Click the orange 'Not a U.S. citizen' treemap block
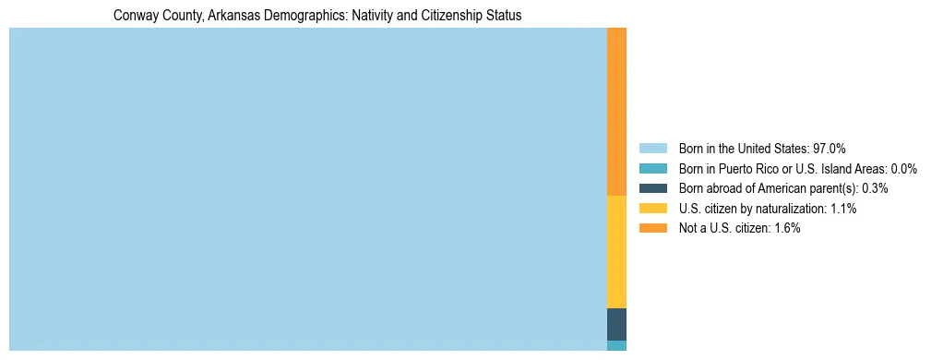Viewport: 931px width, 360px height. click(616, 112)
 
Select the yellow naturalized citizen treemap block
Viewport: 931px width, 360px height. click(616, 252)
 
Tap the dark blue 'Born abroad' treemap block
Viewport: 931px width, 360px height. click(616, 324)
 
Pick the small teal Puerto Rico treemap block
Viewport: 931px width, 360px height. click(616, 345)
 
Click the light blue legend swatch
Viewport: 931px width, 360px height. click(652, 149)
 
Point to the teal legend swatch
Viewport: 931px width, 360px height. click(652, 169)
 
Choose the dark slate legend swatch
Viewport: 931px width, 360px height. click(652, 188)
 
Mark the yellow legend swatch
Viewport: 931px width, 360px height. click(652, 209)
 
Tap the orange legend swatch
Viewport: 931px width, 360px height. click(652, 229)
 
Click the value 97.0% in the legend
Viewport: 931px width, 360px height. click(829, 149)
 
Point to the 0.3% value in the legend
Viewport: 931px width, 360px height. click(875, 188)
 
